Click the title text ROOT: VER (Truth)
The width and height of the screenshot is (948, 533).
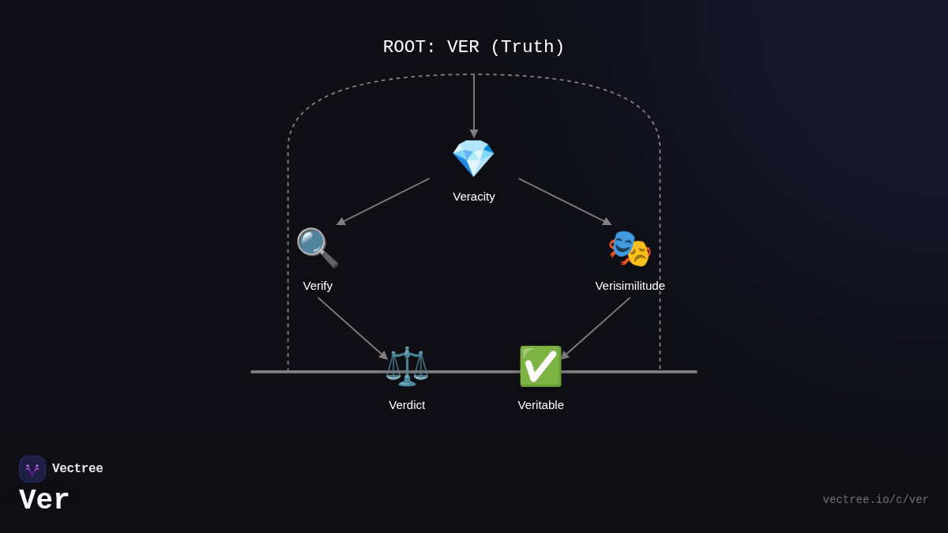tap(474, 47)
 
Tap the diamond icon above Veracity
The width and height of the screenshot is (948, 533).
tap(473, 158)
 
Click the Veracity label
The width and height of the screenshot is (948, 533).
tap(474, 197)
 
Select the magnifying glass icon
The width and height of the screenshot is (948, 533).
tap(317, 247)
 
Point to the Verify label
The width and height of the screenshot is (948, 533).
tap(318, 286)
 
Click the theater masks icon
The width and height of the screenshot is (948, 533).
tap(630, 248)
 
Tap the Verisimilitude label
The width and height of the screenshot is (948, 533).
tap(630, 286)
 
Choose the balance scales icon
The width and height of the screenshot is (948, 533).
tap(407, 366)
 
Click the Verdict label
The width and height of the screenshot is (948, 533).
tap(407, 405)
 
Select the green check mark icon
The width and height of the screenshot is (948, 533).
tap(540, 366)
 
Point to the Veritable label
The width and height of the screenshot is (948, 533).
tap(541, 405)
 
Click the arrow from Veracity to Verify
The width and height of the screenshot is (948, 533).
tap(384, 201)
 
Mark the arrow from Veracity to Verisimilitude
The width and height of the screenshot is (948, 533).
tap(564, 201)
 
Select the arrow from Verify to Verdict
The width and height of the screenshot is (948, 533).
tap(352, 328)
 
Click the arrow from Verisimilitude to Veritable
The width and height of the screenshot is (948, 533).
tap(596, 328)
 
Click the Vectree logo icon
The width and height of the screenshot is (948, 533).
tap(32, 469)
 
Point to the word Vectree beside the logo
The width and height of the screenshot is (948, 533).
tap(77, 469)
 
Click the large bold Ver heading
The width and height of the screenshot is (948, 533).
tap(44, 501)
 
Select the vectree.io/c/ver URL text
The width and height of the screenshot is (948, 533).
tap(875, 500)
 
